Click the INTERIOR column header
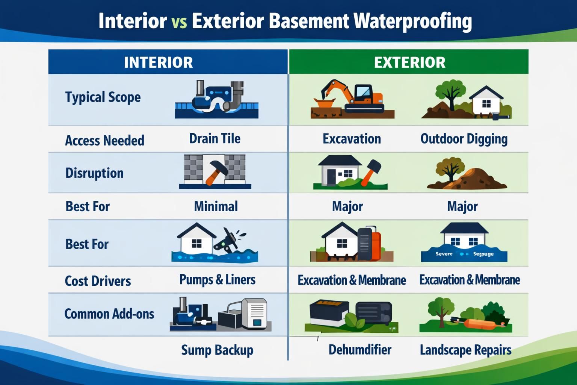158,62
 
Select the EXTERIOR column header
409,62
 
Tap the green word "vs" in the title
179,22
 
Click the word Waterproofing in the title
412,22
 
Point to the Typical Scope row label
103,97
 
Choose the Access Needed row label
104,141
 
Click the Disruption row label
94,173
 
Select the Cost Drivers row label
98,281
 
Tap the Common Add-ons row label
109,314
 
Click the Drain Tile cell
214,139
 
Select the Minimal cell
216,206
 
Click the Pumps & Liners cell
217,280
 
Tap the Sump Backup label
217,350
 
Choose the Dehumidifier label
360,350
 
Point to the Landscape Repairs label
465,350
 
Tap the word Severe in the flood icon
444,254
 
